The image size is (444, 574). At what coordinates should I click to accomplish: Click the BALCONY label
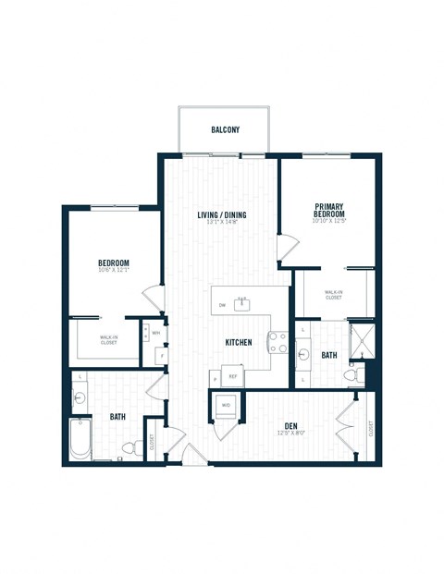pyautogui.click(x=225, y=130)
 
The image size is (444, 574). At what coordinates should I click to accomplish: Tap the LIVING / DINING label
pyautogui.click(x=221, y=216)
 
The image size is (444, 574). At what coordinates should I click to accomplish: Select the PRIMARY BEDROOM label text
pyautogui.click(x=328, y=210)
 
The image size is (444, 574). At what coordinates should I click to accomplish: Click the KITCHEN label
pyautogui.click(x=239, y=342)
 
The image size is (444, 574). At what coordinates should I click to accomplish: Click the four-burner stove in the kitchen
pyautogui.click(x=277, y=342)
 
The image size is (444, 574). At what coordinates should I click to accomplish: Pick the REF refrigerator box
pyautogui.click(x=233, y=377)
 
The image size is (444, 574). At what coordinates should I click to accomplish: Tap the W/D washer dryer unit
pyautogui.click(x=226, y=404)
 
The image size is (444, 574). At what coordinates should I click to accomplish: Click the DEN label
pyautogui.click(x=290, y=426)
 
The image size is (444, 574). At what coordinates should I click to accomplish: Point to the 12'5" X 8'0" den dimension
pyautogui.click(x=290, y=434)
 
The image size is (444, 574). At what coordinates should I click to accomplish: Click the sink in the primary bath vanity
pyautogui.click(x=303, y=353)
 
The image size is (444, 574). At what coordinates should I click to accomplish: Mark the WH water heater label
pyautogui.click(x=156, y=333)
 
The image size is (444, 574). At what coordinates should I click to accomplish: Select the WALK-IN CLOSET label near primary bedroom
pyautogui.click(x=333, y=295)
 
